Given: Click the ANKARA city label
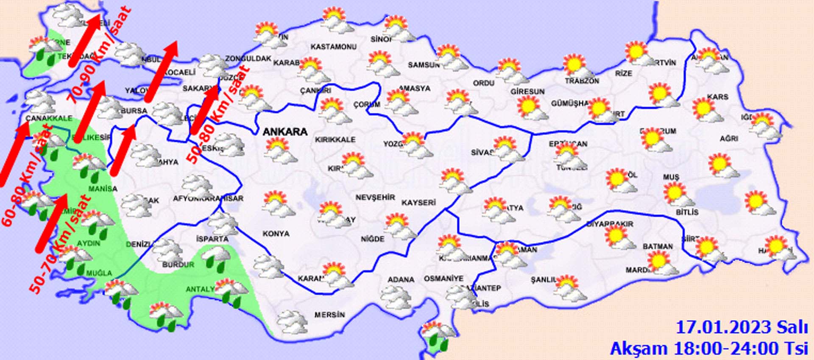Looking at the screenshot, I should click(x=285, y=131).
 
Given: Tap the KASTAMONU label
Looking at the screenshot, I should click(x=333, y=47).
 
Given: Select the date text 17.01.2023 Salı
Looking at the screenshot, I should click(x=742, y=328).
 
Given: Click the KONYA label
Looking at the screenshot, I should click(x=276, y=234).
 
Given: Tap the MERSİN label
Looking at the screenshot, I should click(x=329, y=315).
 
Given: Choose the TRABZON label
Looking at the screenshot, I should click(x=582, y=81).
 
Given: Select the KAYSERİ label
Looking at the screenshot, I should click(x=418, y=203).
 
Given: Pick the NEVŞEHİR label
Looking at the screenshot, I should click(x=375, y=198).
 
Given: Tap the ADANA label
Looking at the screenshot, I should click(x=401, y=279).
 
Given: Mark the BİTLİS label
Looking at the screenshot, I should click(x=687, y=212).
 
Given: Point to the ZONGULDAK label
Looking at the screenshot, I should click(x=248, y=59).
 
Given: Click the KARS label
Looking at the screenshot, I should click(x=717, y=97).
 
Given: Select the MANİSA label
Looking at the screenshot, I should click(x=103, y=188).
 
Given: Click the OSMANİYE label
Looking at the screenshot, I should click(x=443, y=279).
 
